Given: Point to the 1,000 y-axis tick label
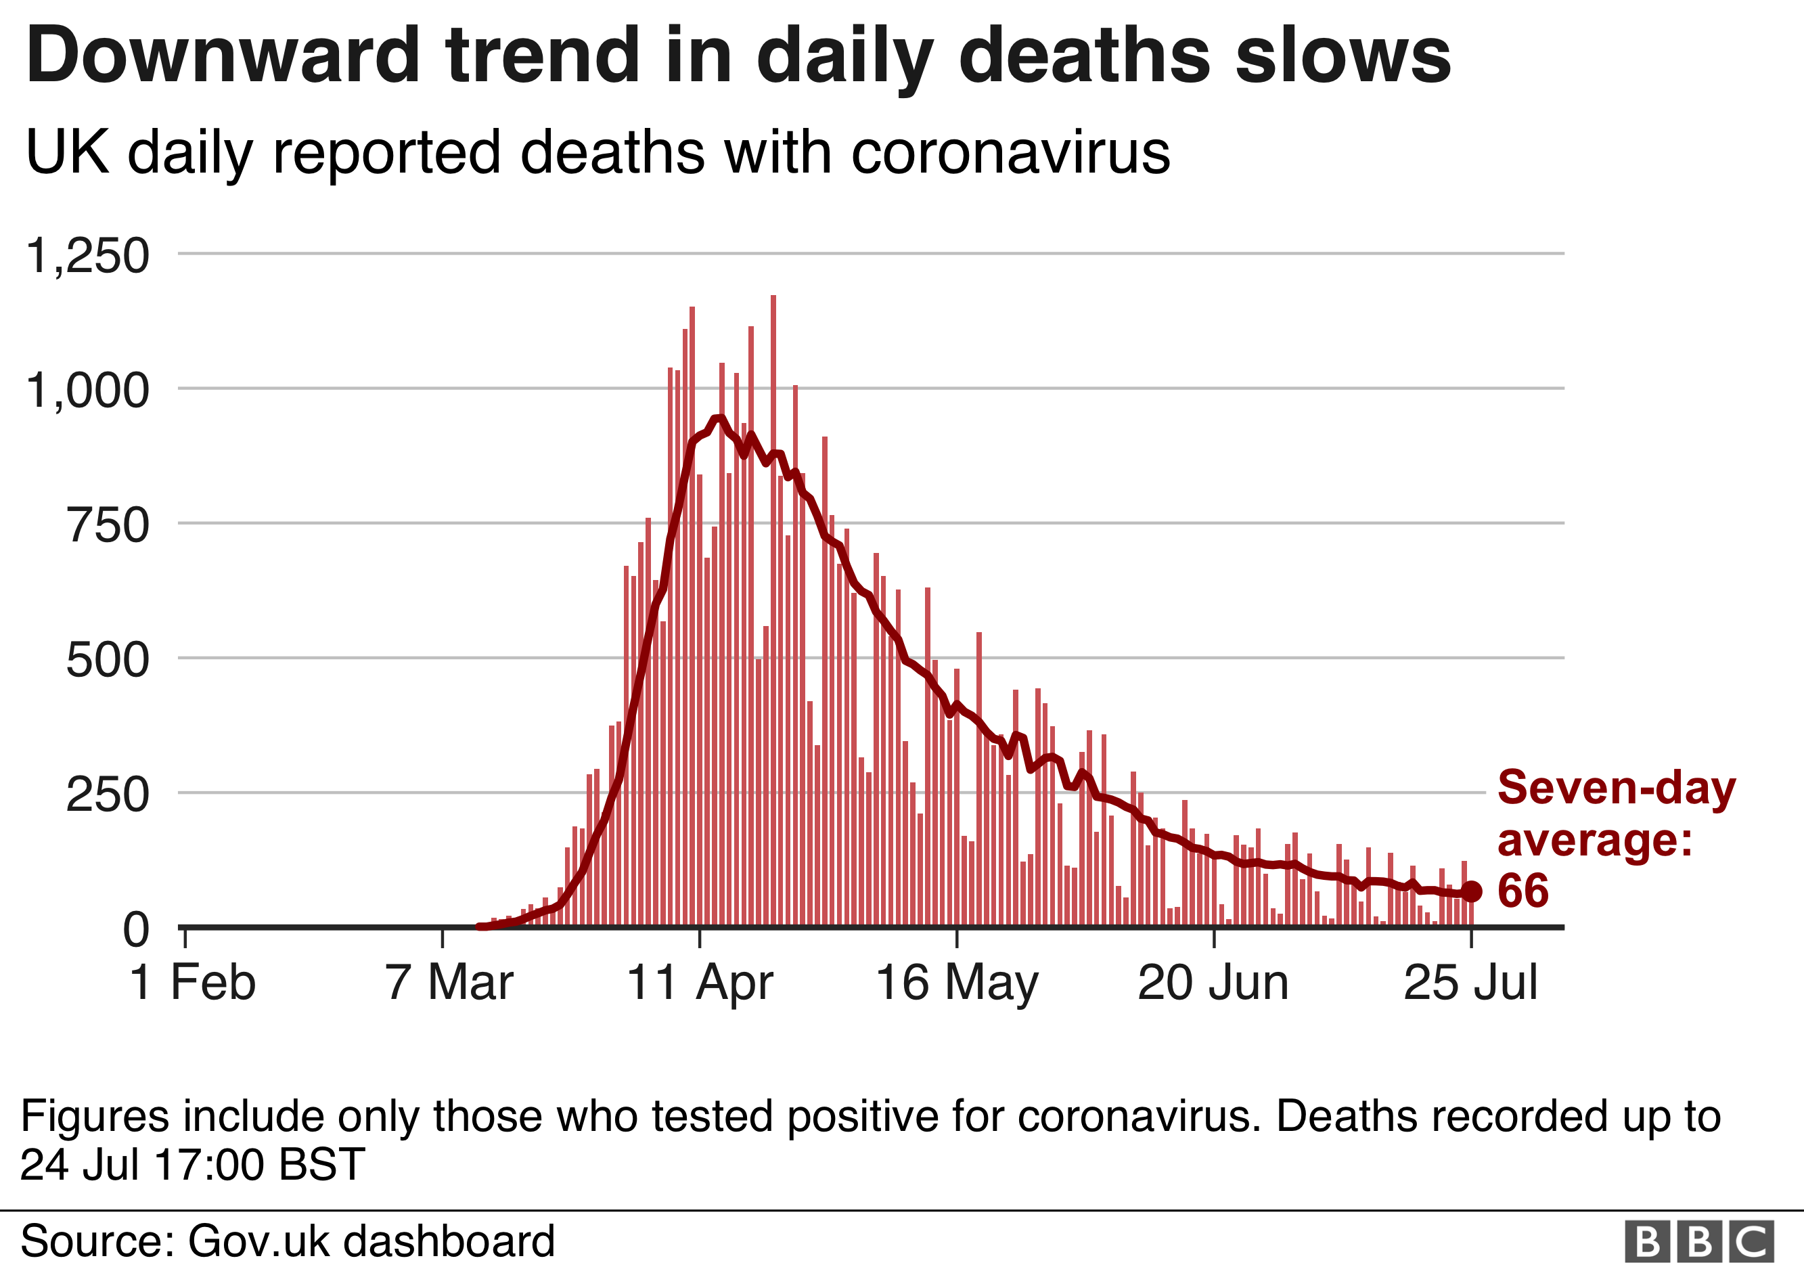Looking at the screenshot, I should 87,390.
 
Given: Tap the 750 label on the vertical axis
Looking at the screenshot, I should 108,525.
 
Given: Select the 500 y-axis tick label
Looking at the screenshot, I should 108,659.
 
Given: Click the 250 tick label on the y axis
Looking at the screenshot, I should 108,795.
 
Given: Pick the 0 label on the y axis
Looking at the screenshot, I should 136,929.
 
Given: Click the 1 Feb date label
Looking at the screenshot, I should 192,982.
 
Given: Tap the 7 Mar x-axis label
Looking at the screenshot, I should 449,982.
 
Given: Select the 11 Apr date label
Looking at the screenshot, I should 699,982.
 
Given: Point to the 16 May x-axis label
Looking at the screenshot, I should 957,982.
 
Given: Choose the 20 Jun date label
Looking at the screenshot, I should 1213,982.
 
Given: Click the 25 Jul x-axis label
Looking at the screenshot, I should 1471,982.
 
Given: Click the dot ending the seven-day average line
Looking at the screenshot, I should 1472,892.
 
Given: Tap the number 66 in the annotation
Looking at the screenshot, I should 1523,891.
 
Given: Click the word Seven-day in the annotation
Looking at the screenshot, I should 1616,787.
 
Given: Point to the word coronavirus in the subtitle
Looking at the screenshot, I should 1010,152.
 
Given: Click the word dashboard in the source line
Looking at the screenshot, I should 449,1241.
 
